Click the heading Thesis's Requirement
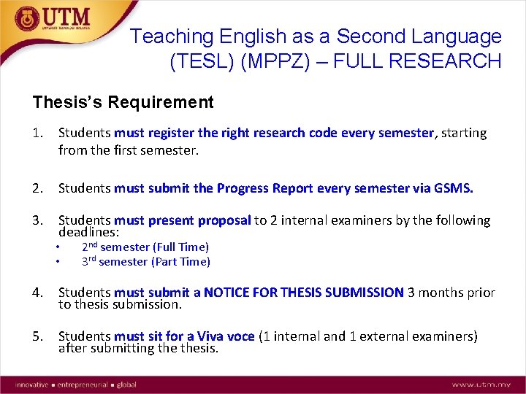point(123,102)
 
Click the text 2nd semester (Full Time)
point(145,247)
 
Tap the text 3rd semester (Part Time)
point(145,261)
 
